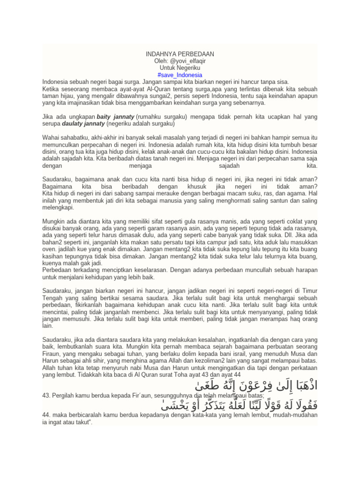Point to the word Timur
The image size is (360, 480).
(x=309, y=291)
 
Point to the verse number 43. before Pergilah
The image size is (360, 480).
(x=46, y=397)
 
